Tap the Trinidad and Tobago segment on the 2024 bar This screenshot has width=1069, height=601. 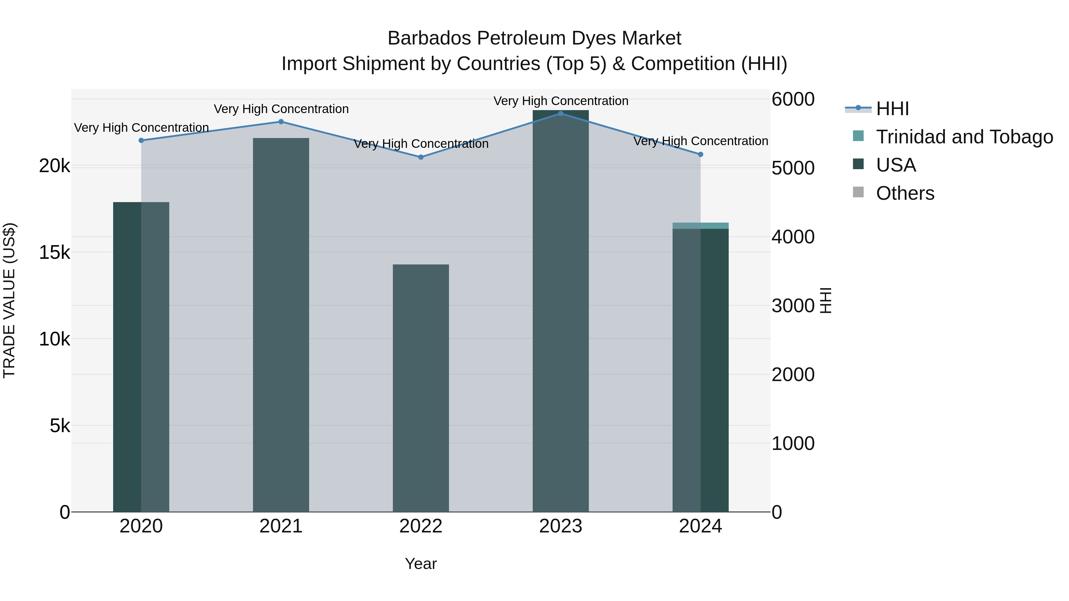point(700,226)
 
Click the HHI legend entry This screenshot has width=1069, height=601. point(892,109)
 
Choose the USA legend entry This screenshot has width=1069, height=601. point(896,165)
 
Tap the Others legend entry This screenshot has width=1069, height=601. point(905,193)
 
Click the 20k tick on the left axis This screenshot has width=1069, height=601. point(54,167)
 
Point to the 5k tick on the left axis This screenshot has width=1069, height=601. point(60,426)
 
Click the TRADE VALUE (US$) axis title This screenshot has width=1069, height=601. point(9,300)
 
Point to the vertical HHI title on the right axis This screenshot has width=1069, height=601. point(826,300)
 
